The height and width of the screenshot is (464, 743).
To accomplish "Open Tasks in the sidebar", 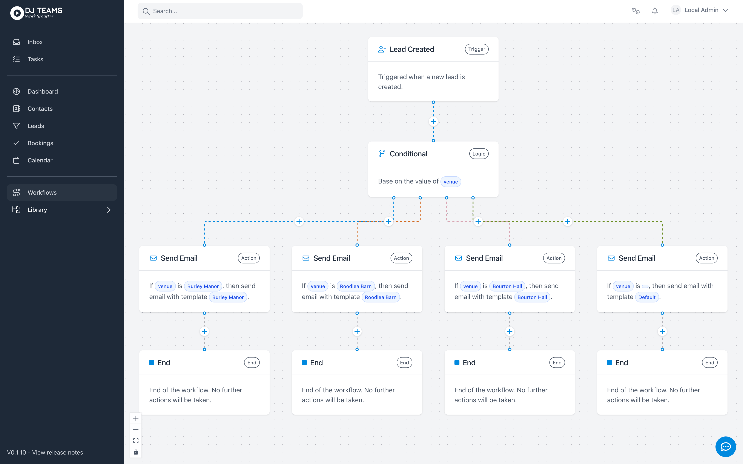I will (35, 59).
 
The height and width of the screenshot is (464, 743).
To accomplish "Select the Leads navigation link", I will (35, 126).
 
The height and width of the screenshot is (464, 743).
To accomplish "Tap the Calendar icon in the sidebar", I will (16, 160).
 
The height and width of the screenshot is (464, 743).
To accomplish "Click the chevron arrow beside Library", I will (109, 210).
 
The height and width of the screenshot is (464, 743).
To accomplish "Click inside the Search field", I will (220, 11).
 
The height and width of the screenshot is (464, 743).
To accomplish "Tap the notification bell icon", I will (655, 11).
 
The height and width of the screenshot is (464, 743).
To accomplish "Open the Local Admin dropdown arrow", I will (726, 10).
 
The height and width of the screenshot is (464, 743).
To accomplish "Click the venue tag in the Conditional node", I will (450, 182).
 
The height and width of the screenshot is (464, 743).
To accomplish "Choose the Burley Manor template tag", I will (228, 297).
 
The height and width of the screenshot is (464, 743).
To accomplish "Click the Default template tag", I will (647, 297).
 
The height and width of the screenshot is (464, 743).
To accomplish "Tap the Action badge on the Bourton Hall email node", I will (554, 258).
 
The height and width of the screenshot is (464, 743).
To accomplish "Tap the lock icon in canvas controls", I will (136, 452).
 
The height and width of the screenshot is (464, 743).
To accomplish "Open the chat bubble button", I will (726, 447).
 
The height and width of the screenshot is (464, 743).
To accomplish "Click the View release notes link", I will (58, 452).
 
